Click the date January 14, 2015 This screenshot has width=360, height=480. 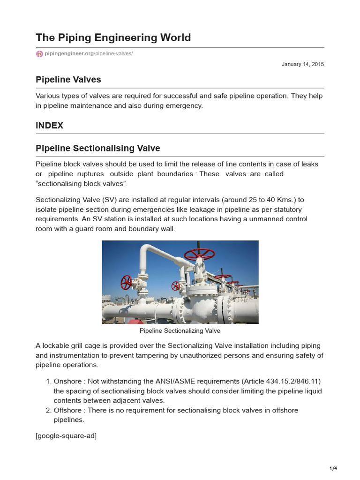pyautogui.click(x=303, y=64)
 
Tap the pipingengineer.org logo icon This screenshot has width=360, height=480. pyautogui.click(x=39, y=54)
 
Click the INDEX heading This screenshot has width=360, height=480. pyautogui.click(x=49, y=126)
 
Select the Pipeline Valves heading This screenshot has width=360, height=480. pyautogui.click(x=68, y=80)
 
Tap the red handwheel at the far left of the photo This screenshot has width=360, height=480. pyautogui.click(x=126, y=282)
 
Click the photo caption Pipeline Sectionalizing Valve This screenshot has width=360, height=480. pyautogui.click(x=180, y=331)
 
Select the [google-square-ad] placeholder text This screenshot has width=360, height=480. pyautogui.click(x=66, y=436)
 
